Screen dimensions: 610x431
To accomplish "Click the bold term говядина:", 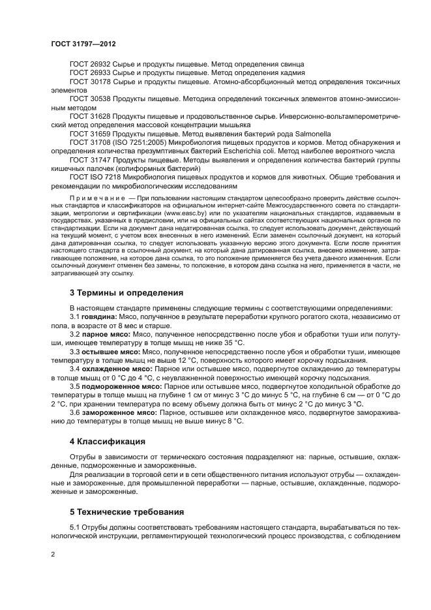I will click(x=100, y=316).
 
